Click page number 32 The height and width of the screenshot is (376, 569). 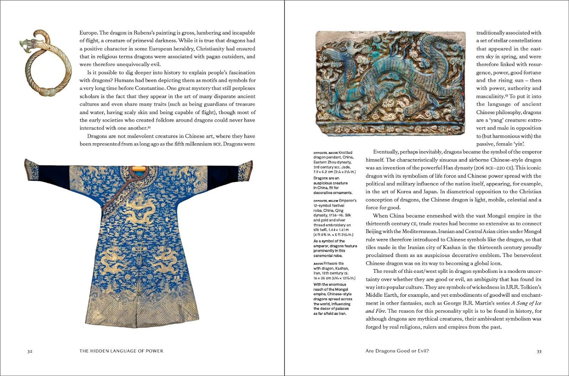tap(30, 351)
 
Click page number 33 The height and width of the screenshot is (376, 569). tap(539, 351)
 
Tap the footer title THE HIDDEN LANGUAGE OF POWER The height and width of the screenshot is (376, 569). tap(121, 351)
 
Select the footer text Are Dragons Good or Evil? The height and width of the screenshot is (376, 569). tap(397, 351)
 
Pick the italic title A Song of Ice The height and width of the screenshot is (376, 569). tap(526, 303)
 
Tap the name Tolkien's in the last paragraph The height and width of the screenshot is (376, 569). tap(530, 287)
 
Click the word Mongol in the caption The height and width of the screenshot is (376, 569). tap(341, 289)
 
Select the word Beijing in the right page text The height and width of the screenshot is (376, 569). tap(374, 232)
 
